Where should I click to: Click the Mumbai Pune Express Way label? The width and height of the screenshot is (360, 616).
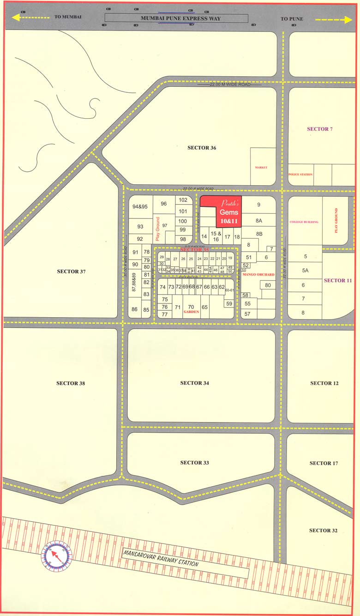[180, 18]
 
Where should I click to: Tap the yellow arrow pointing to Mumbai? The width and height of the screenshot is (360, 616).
[30, 18]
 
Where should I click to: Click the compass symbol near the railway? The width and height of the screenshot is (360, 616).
[57, 555]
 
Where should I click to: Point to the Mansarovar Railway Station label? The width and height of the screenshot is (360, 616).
[161, 557]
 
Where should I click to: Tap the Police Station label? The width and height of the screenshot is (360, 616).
[300, 175]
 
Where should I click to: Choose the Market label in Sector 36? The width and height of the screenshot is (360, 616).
[261, 167]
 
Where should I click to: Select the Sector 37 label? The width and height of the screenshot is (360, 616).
[71, 271]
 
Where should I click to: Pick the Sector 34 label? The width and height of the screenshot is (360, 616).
[194, 383]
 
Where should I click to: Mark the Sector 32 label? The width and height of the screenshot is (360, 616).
[323, 531]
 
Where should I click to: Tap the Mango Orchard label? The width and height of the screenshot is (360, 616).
[258, 275]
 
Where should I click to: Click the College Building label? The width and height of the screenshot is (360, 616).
[304, 222]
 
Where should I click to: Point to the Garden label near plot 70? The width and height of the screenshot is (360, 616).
[191, 312]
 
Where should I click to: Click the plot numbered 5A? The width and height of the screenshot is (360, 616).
[305, 271]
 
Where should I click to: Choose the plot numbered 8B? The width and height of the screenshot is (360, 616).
[259, 234]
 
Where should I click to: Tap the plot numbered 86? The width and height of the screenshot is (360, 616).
[134, 309]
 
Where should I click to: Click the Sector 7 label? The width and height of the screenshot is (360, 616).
[319, 129]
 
